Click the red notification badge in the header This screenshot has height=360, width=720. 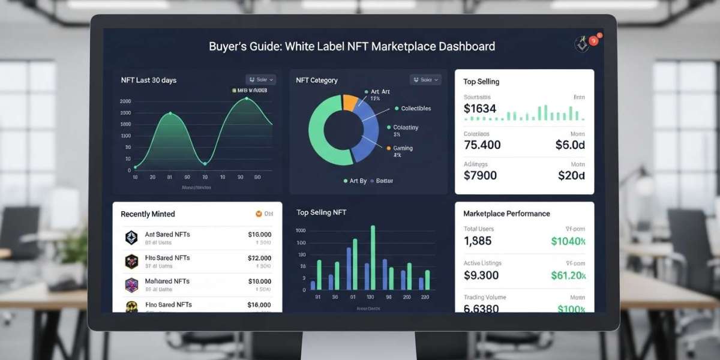[x=593, y=41]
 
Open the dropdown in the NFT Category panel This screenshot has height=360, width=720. [x=425, y=79]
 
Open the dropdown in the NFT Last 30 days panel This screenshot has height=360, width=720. [x=261, y=79]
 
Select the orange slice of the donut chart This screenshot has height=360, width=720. [x=349, y=102]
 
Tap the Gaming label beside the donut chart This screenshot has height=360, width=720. [x=403, y=148]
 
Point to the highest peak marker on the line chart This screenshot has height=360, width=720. [x=247, y=98]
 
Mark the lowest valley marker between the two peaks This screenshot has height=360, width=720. [x=205, y=163]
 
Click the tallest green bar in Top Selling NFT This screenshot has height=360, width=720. [x=373, y=257]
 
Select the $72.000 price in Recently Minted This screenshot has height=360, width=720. [x=259, y=258]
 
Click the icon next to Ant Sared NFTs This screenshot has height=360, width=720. [x=131, y=238]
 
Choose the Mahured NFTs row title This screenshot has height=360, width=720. [x=167, y=281]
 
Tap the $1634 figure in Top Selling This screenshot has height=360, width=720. [x=480, y=109]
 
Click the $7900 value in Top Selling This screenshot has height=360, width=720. [x=480, y=175]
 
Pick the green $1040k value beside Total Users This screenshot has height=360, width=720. [x=568, y=241]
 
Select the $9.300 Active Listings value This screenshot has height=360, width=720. [x=481, y=275]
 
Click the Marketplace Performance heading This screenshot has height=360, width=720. [x=506, y=214]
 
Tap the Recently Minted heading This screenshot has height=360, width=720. [x=148, y=214]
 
